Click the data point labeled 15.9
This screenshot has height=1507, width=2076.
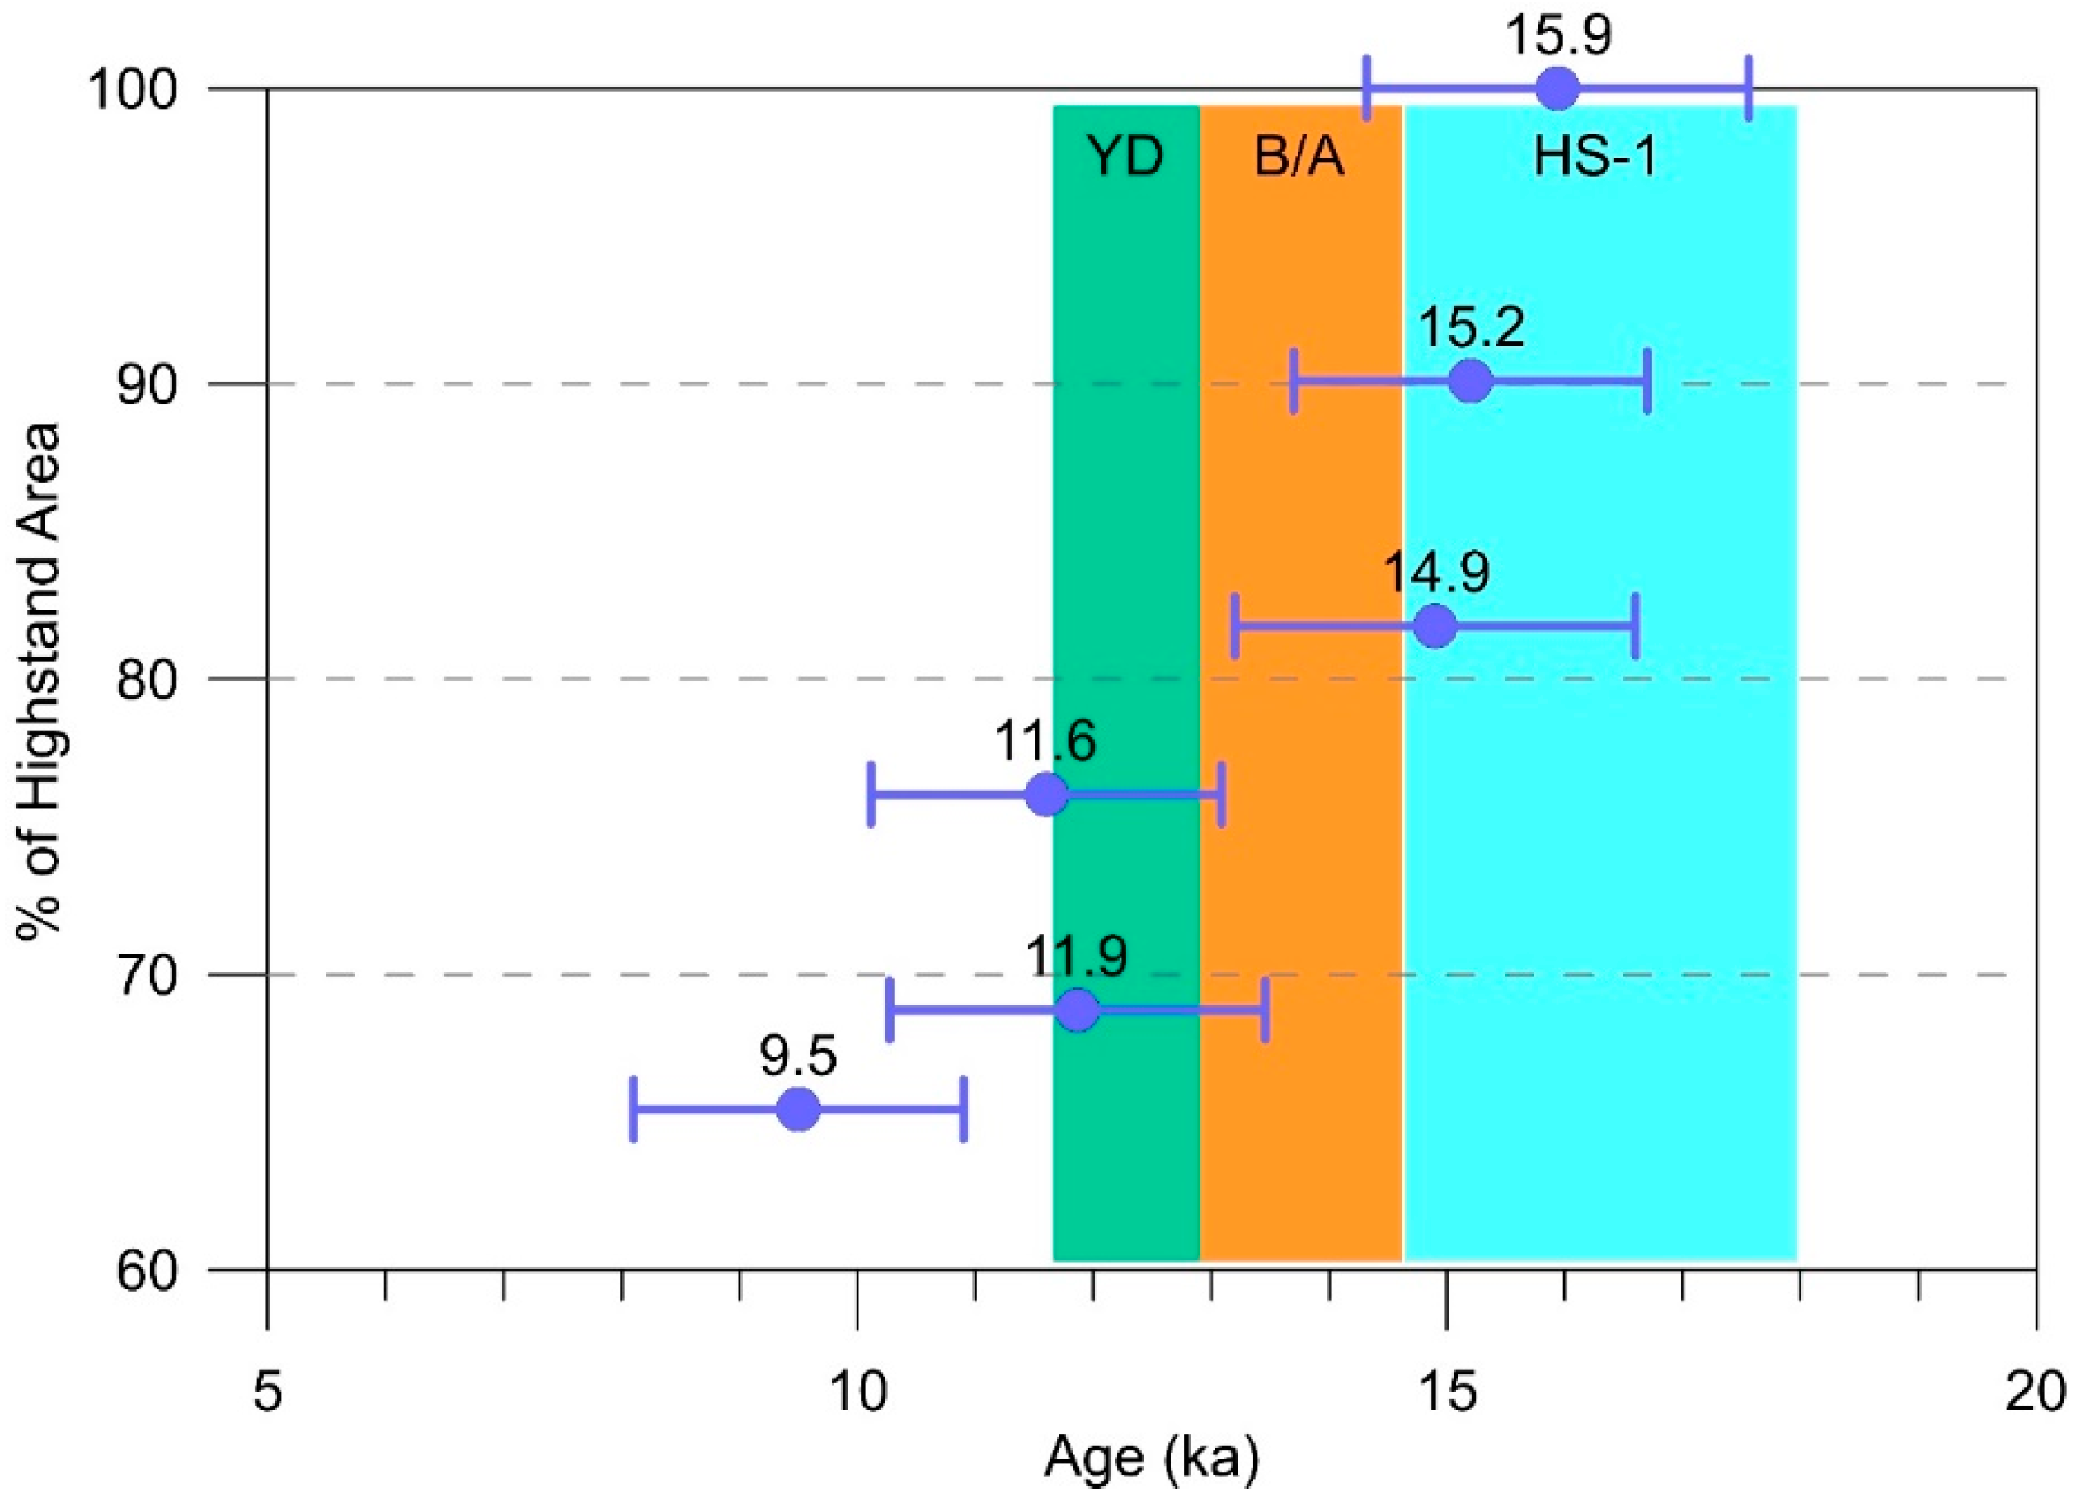pyautogui.click(x=1557, y=89)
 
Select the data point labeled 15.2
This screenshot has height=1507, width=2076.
pyautogui.click(x=1471, y=381)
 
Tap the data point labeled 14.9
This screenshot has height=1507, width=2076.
pyautogui.click(x=1435, y=626)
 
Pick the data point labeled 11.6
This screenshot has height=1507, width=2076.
pyautogui.click(x=1047, y=794)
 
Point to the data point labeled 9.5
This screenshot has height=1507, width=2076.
pyautogui.click(x=798, y=1109)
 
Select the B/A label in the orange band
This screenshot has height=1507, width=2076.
pyautogui.click(x=1300, y=157)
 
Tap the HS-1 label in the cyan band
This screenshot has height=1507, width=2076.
pyautogui.click(x=1595, y=157)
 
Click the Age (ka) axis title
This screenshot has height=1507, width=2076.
pyautogui.click(x=1152, y=1458)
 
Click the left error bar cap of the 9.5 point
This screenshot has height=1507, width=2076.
pyautogui.click(x=633, y=1109)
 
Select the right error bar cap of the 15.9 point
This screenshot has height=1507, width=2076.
pyautogui.click(x=1749, y=89)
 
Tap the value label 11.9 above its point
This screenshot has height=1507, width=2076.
pyautogui.click(x=1077, y=956)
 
